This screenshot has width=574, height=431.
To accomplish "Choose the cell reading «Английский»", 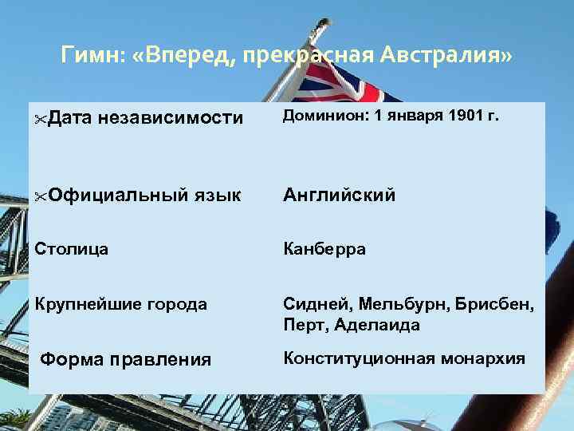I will pos(340,195).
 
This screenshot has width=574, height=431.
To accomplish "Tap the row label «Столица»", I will pos(72,249).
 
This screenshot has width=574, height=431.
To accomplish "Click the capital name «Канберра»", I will pos(324,249).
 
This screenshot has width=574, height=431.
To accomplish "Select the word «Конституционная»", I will pos(356,358).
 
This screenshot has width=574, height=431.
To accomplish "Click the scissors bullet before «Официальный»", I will pos(41,196).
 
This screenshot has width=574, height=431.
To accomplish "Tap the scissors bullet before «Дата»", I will pos(41,119).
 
